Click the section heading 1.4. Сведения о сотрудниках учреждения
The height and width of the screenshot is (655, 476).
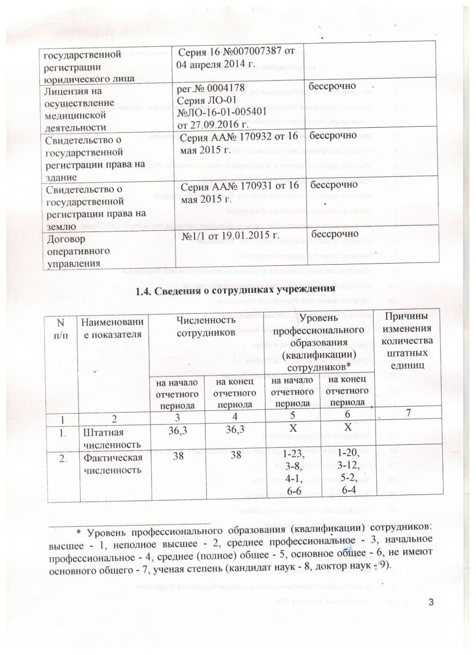click(235, 289)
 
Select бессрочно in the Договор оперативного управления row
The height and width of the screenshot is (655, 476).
click(334, 234)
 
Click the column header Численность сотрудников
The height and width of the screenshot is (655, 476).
click(207, 326)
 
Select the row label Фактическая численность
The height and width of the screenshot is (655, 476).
click(112, 462)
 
